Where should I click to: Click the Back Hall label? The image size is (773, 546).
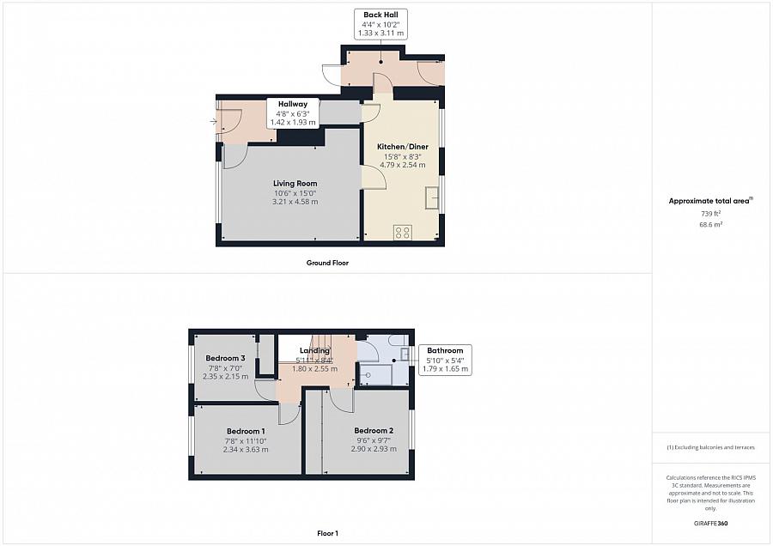380,15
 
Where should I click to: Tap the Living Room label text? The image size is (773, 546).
295,183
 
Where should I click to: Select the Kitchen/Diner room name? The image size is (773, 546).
403,147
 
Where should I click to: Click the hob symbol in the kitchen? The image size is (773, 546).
402,232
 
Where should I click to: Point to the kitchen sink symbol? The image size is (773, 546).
431,197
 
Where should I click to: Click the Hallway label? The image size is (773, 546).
293,104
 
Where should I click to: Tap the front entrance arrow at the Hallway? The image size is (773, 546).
213,121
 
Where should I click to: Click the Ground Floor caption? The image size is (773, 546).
327,263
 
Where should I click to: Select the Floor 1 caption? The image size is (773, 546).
327,533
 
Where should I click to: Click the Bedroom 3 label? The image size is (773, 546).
225,358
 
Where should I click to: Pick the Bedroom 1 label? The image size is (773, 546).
246,431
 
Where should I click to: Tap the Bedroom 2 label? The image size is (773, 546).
374,431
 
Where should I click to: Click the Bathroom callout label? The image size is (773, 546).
445,350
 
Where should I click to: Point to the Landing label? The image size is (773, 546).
314,350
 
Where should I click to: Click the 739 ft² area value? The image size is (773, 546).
709,213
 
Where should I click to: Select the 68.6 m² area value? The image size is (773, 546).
710,224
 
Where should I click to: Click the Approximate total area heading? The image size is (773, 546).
709,201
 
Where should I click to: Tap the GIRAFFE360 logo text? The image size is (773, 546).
709,523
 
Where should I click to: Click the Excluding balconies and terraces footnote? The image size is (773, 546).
709,447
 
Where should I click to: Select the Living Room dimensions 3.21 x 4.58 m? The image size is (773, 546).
295,202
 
